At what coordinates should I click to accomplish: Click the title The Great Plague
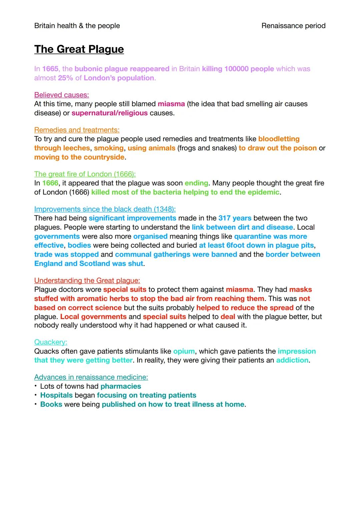pos(79,49)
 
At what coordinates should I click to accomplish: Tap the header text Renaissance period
pos(293,26)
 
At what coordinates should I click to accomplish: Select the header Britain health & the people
pos(77,26)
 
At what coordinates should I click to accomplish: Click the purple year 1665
pos(50,69)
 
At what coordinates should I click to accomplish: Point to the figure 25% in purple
pos(65,78)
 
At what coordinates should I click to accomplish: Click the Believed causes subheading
pos(62,95)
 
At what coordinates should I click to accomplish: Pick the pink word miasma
pos(171,104)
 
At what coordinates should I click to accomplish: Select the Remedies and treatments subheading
pos(77,130)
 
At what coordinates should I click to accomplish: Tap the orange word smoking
pos(109,148)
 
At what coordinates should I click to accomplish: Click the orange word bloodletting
pos(279,139)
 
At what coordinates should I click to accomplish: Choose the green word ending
pos(196,183)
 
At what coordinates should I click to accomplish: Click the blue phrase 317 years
pos(235,218)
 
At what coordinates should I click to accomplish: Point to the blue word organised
pos(150,236)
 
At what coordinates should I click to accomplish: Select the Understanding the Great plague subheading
pos(87,281)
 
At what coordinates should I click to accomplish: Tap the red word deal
pos(228,316)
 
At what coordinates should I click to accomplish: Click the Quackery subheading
pos(51,342)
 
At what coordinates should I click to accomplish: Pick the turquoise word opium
pos(184,351)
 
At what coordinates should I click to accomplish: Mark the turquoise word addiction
pos(292,360)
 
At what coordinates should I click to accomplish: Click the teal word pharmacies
pos(121,386)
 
